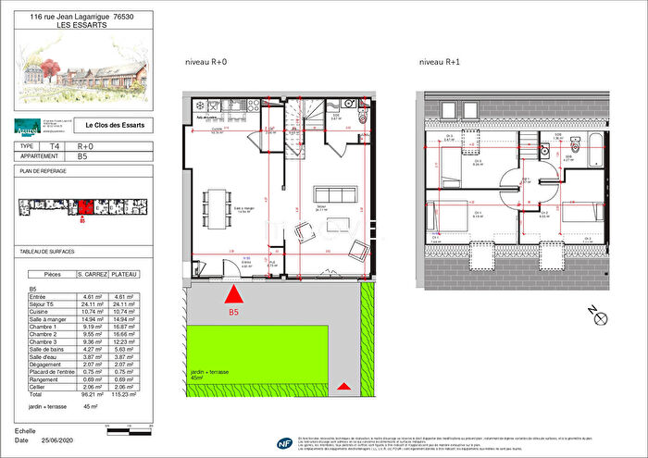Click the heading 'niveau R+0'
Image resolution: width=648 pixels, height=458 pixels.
[x=206, y=62]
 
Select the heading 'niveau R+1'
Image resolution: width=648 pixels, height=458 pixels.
[x=439, y=62]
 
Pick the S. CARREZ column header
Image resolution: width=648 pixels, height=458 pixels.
[x=93, y=275]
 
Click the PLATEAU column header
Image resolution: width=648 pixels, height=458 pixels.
[x=124, y=275]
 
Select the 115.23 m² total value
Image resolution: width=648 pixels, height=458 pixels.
[x=124, y=394]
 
